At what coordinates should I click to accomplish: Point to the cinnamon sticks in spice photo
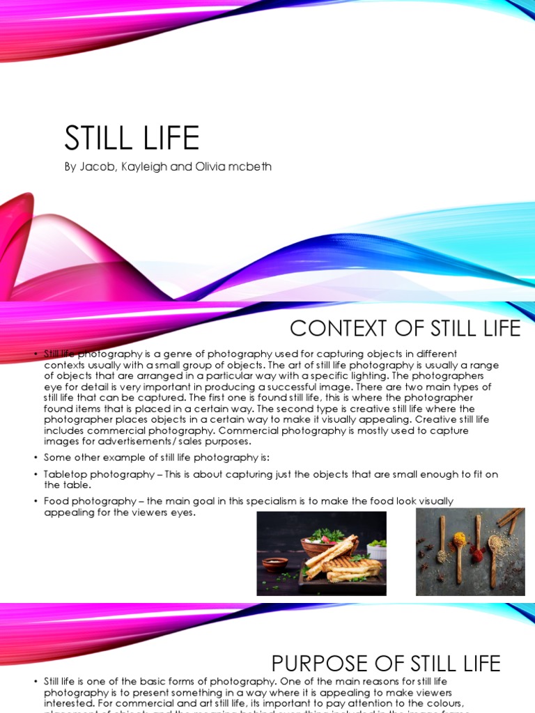(x=511, y=519)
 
